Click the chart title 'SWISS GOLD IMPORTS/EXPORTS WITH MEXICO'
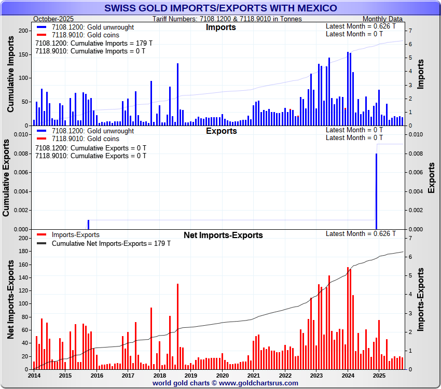[x=220, y=8]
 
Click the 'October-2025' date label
[x=53, y=19]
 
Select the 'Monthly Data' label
[x=382, y=19]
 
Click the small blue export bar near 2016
[x=88, y=225]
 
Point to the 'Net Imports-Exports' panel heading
[x=223, y=235]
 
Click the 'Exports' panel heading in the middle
[x=221, y=131]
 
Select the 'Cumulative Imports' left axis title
[x=11, y=78]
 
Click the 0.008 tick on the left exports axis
[x=21, y=154]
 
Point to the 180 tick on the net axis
[x=22, y=252]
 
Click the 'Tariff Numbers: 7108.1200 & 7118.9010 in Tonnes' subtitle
[x=227, y=19]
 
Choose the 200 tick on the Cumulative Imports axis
[x=23, y=31]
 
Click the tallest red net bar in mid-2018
[x=177, y=326]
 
